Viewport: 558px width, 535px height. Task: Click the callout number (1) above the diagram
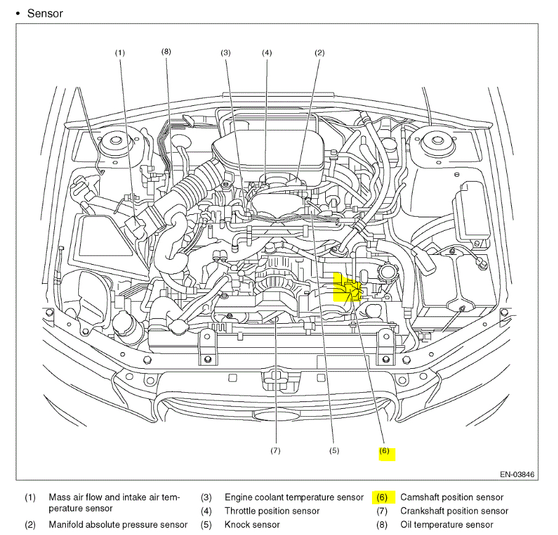[119, 53]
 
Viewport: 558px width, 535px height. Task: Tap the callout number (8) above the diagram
[166, 52]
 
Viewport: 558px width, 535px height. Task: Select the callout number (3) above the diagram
[226, 53]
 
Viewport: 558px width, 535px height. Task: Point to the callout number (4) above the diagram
[267, 53]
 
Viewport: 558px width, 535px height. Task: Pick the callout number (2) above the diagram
[319, 53]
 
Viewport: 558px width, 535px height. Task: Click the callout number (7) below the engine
[275, 451]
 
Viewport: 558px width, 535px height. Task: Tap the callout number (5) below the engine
[334, 451]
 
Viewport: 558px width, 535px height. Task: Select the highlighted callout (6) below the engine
[385, 451]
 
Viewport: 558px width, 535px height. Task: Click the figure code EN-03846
[517, 475]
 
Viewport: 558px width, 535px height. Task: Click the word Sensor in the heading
[45, 13]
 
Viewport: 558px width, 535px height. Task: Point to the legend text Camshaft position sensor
[451, 497]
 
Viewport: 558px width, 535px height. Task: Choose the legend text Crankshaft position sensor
[454, 511]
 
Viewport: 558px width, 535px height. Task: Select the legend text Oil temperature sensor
[447, 525]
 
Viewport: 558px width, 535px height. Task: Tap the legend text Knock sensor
[252, 525]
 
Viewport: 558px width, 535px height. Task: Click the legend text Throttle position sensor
[272, 511]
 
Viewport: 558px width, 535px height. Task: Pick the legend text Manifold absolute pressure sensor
[118, 525]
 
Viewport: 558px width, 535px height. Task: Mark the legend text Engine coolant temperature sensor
[294, 497]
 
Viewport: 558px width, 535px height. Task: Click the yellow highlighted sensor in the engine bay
[347, 288]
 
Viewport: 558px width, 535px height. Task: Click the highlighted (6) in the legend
[382, 497]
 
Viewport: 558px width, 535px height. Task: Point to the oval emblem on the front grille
[277, 416]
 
